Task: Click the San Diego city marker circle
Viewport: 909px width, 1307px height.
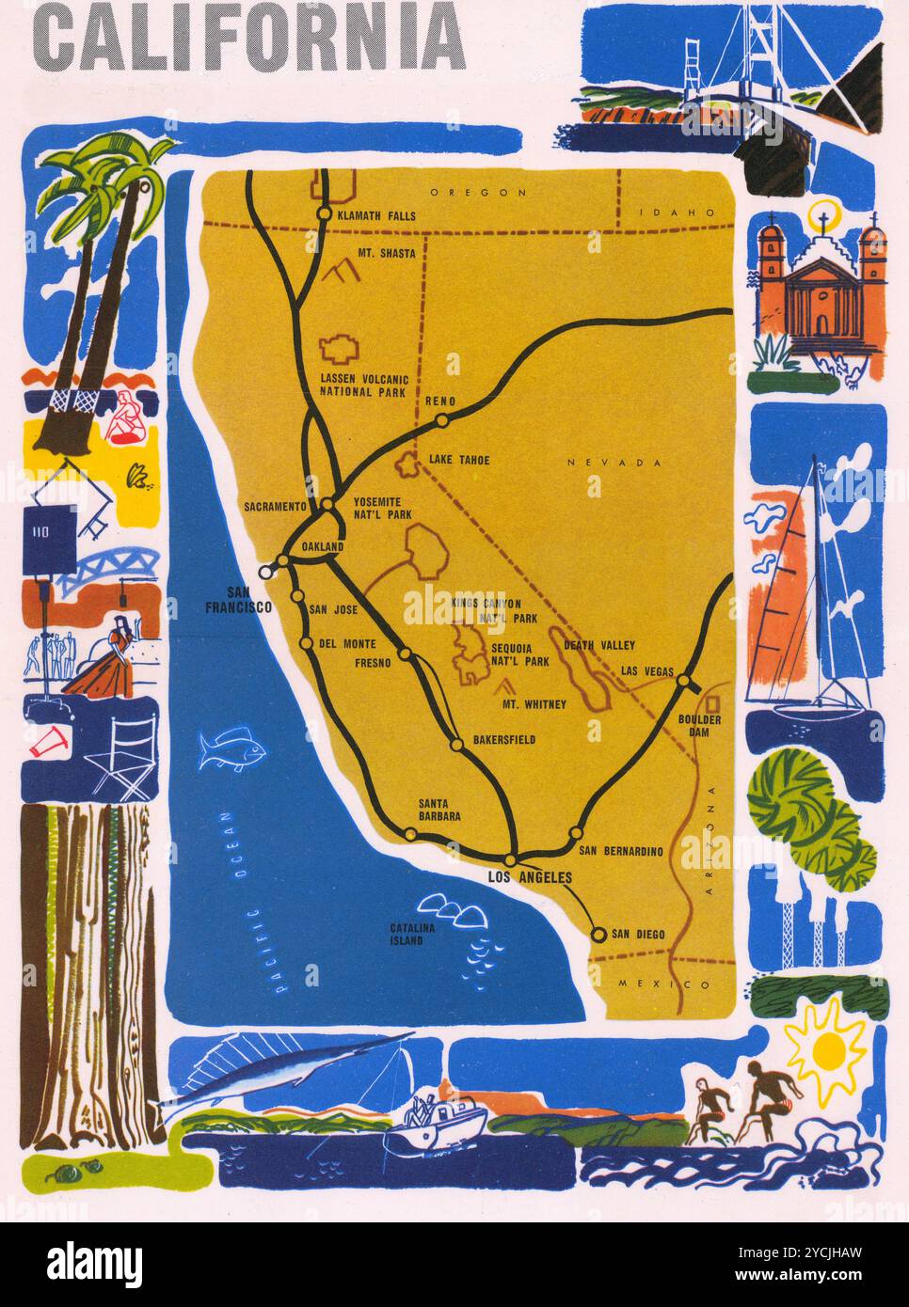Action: point(598,934)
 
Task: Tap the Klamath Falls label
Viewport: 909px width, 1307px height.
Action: point(376,215)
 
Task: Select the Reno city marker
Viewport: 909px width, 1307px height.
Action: point(441,420)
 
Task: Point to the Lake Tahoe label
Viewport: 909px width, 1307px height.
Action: point(459,460)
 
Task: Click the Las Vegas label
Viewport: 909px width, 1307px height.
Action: point(646,670)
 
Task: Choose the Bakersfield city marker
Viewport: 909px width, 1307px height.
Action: point(456,745)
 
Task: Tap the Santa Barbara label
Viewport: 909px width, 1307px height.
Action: point(439,811)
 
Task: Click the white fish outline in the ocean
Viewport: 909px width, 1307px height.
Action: point(231,749)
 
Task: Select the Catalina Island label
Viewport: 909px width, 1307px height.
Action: point(412,934)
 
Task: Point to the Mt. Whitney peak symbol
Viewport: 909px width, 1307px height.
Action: point(508,687)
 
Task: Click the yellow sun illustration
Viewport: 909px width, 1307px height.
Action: point(825,1049)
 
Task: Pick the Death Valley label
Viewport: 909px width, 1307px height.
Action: point(599,645)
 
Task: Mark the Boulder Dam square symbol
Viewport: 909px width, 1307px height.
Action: point(713,702)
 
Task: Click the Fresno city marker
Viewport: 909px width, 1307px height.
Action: point(406,653)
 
